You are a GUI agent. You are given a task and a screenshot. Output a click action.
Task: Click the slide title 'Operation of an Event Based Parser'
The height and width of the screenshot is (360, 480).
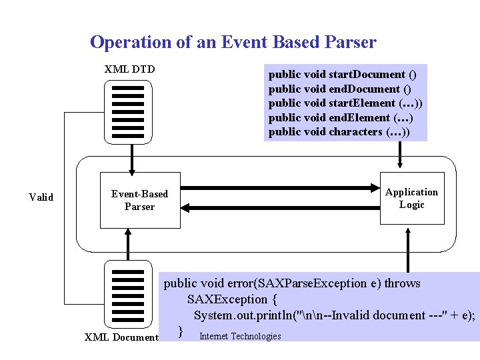coord(233,43)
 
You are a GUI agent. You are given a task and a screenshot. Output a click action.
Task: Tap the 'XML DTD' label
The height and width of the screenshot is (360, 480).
coord(129,69)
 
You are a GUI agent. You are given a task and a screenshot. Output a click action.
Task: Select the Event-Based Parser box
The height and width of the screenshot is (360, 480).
coord(139,200)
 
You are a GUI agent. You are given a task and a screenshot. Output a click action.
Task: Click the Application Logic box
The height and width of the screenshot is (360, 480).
coord(411,199)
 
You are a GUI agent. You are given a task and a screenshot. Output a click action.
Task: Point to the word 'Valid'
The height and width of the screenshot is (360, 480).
coord(41,197)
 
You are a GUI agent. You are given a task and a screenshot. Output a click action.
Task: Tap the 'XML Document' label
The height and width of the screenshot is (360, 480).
coord(121,337)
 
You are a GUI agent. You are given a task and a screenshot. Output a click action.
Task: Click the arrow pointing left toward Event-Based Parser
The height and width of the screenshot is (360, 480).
coord(280,208)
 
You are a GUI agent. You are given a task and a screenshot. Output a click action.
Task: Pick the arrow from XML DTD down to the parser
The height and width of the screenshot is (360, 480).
coord(131,159)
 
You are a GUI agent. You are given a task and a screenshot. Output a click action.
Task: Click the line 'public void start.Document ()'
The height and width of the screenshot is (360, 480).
coord(343,74)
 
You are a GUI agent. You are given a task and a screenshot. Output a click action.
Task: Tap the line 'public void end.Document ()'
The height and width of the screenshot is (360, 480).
coord(339,89)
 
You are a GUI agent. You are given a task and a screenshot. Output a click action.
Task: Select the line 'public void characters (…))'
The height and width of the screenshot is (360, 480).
coord(339,132)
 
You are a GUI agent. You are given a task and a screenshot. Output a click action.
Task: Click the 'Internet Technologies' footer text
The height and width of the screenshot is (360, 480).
coord(240,336)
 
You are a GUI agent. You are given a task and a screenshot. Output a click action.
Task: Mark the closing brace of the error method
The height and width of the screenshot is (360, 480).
coord(180,331)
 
